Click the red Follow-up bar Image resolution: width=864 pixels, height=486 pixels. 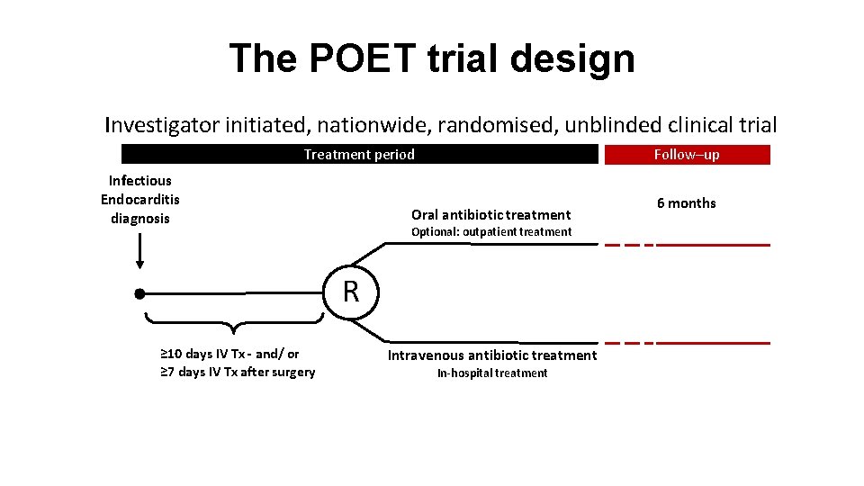(x=687, y=155)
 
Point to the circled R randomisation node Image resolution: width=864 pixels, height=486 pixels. (x=351, y=292)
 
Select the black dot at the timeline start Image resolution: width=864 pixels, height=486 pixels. (x=139, y=293)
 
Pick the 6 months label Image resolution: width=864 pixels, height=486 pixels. (x=686, y=203)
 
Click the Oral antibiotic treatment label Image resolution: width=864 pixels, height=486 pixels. (x=490, y=214)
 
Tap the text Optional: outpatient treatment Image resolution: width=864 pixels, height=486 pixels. (x=490, y=232)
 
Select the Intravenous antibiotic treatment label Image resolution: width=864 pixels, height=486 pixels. (x=491, y=355)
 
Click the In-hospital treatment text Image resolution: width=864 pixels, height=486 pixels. (x=491, y=373)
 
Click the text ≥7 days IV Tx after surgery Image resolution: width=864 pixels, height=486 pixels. (x=238, y=373)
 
